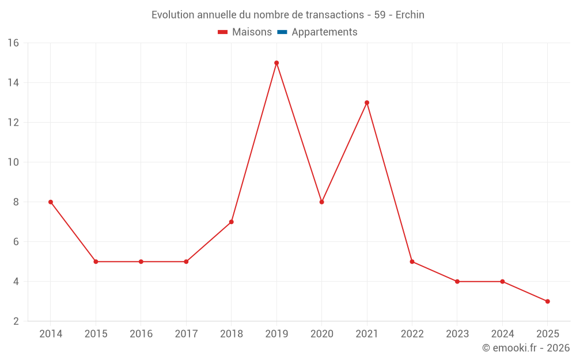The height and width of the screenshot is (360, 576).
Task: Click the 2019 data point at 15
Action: (276, 63)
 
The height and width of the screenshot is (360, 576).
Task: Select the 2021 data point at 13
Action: (367, 103)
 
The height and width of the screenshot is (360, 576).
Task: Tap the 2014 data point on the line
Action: (51, 202)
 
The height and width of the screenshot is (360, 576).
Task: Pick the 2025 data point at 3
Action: (547, 301)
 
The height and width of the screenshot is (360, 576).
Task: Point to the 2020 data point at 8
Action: (321, 202)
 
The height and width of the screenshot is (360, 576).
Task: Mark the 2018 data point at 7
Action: (231, 222)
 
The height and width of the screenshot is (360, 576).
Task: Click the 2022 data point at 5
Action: (412, 262)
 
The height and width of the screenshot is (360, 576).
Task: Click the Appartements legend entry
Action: (324, 32)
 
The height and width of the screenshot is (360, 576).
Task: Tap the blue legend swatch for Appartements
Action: (282, 32)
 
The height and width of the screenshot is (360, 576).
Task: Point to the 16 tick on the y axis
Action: (13, 43)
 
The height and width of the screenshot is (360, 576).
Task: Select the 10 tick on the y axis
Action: (13, 162)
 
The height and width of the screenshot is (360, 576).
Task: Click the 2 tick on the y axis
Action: (16, 321)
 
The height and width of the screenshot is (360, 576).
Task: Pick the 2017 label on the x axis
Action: (186, 334)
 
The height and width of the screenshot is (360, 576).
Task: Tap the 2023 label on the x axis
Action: (457, 334)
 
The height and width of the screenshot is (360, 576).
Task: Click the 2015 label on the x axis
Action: (96, 334)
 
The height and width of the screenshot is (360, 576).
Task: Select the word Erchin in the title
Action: (410, 15)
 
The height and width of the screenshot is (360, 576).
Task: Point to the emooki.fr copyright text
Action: (526, 348)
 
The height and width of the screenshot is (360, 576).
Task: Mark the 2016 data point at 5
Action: (141, 262)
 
